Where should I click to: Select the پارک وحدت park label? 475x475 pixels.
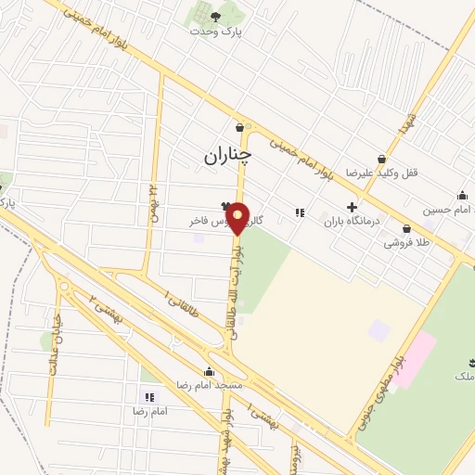click(215, 31)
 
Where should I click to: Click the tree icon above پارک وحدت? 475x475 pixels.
click(216, 16)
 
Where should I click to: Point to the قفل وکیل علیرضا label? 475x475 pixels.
click(378, 173)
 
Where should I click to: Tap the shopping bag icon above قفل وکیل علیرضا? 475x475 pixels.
click(381, 159)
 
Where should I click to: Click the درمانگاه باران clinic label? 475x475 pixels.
click(353, 223)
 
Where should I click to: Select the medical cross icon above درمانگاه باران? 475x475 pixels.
click(352, 208)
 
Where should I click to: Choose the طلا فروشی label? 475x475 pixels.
click(404, 243)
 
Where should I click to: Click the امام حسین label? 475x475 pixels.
click(446, 210)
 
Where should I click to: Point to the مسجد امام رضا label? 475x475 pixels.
click(211, 384)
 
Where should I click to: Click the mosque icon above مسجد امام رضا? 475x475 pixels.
click(209, 371)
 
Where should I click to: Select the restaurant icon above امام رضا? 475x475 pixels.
click(148, 397)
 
